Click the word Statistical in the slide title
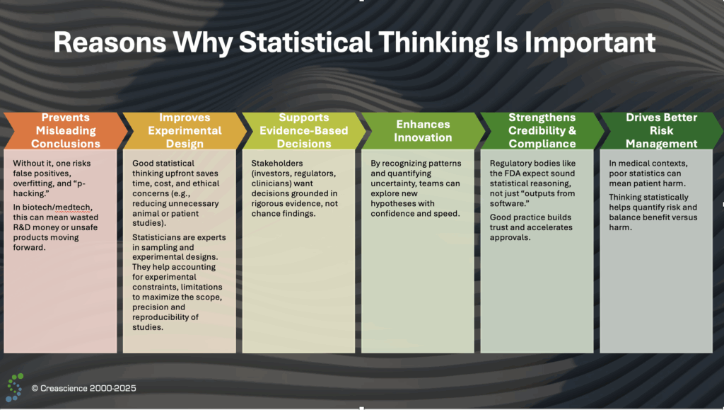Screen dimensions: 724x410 (x=305, y=42)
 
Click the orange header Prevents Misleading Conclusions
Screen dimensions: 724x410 (x=66, y=130)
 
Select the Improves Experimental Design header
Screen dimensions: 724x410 (x=185, y=130)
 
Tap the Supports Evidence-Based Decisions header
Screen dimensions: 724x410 (x=304, y=130)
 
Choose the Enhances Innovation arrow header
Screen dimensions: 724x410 (x=423, y=130)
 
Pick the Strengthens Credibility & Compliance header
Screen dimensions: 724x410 (x=542, y=130)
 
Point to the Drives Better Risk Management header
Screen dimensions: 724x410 (x=661, y=130)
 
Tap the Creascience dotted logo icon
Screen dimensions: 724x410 (x=15, y=387)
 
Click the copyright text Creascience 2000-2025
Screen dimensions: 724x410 (x=83, y=388)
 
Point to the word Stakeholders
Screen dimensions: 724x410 (x=277, y=163)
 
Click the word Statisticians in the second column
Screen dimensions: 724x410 (x=155, y=237)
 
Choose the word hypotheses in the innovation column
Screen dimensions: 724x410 (x=393, y=203)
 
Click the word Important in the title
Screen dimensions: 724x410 (x=590, y=42)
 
